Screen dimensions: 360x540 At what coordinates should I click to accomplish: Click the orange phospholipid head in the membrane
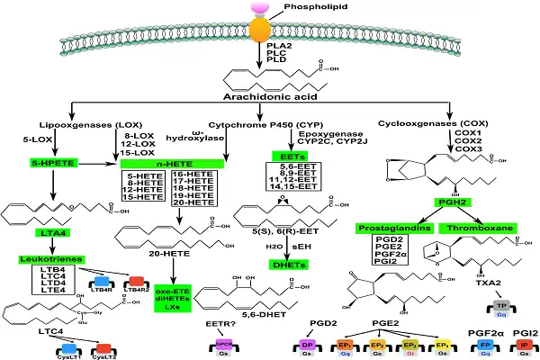pyautogui.click(x=259, y=30)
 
